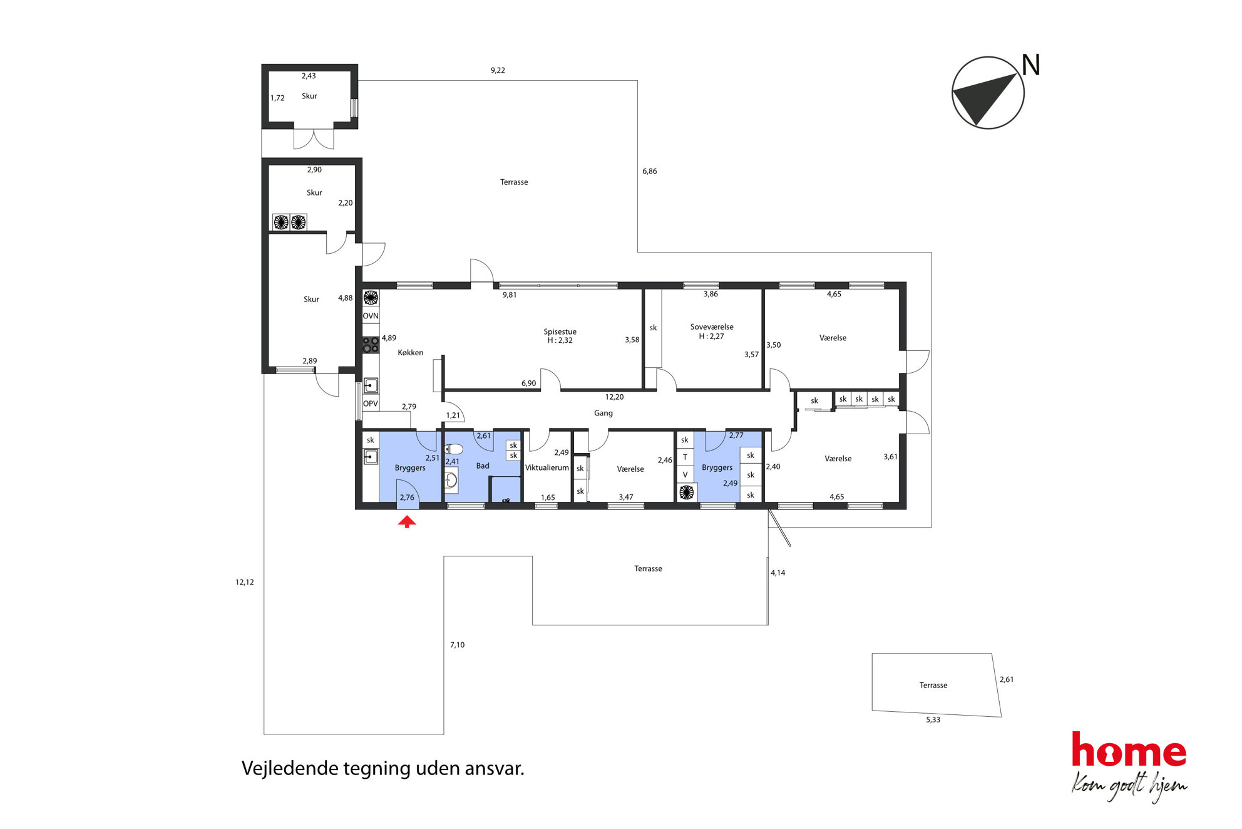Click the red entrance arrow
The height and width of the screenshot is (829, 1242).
407,521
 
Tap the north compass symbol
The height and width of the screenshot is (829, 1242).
988,93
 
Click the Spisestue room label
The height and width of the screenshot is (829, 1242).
560,332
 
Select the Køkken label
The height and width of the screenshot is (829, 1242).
411,353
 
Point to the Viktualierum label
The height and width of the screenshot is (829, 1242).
547,467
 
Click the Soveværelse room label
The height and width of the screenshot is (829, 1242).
712,327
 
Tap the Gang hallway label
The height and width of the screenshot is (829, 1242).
603,414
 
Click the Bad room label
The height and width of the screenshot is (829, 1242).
483,466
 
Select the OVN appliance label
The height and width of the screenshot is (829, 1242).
371,316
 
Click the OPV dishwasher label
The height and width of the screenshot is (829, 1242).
371,404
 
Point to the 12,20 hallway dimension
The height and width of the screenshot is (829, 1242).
614,397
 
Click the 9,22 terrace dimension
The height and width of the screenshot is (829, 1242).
498,71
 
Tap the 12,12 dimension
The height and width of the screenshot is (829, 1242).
245,583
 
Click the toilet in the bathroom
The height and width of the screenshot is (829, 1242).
453,449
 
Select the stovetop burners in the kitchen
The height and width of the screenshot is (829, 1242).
371,345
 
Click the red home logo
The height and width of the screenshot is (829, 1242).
1129,750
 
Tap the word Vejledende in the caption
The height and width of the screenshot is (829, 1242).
290,769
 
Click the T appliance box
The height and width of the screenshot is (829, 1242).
685,457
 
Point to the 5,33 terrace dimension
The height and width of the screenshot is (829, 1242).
933,720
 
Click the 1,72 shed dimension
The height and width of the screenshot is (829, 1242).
277,98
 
